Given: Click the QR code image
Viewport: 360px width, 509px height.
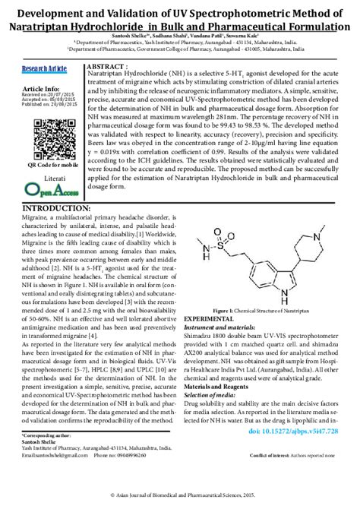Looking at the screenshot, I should tap(42, 140).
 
